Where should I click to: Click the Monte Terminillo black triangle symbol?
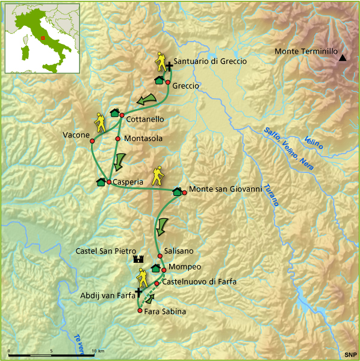[x=342, y=58]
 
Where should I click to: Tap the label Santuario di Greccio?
[x=210, y=61]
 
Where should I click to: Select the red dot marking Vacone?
[x=92, y=141]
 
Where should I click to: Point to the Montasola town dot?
[x=117, y=139]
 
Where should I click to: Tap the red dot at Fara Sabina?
[x=140, y=311]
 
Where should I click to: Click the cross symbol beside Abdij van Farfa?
[x=138, y=292]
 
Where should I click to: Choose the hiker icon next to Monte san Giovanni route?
[x=158, y=175]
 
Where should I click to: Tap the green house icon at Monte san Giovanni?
[x=177, y=192]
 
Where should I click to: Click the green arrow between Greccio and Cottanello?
[x=146, y=98]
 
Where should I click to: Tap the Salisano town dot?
[x=160, y=256]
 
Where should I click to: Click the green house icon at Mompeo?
[x=155, y=268]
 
